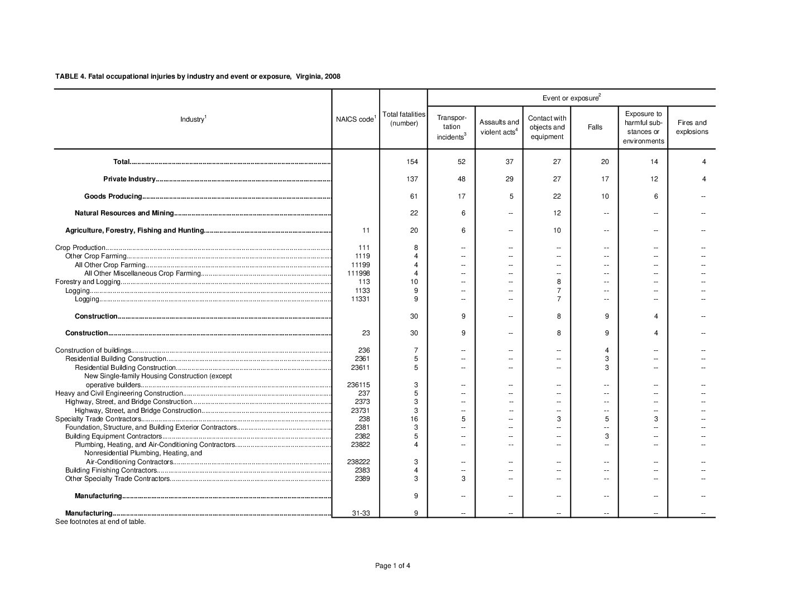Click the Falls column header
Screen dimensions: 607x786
coord(595,127)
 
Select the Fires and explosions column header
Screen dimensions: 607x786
coord(692,127)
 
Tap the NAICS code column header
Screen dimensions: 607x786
coord(356,119)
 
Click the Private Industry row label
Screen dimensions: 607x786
coord(129,179)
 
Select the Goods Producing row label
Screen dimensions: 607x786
coord(113,196)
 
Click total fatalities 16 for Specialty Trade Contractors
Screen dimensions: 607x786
coord(414,419)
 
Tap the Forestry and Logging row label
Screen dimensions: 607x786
coord(88,282)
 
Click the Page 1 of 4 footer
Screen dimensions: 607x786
coord(393,566)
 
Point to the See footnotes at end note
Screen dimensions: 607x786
coord(100,522)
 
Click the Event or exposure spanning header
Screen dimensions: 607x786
coord(571,98)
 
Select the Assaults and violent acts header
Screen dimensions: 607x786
coord(499,127)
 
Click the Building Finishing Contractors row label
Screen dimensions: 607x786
coord(111,470)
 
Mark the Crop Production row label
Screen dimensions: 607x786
coord(80,248)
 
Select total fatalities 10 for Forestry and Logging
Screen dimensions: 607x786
coord(414,282)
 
